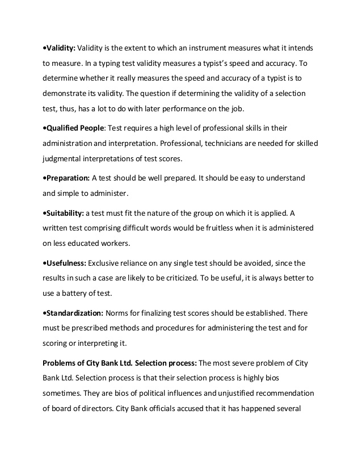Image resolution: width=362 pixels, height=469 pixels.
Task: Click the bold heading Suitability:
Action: [x=65, y=213]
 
